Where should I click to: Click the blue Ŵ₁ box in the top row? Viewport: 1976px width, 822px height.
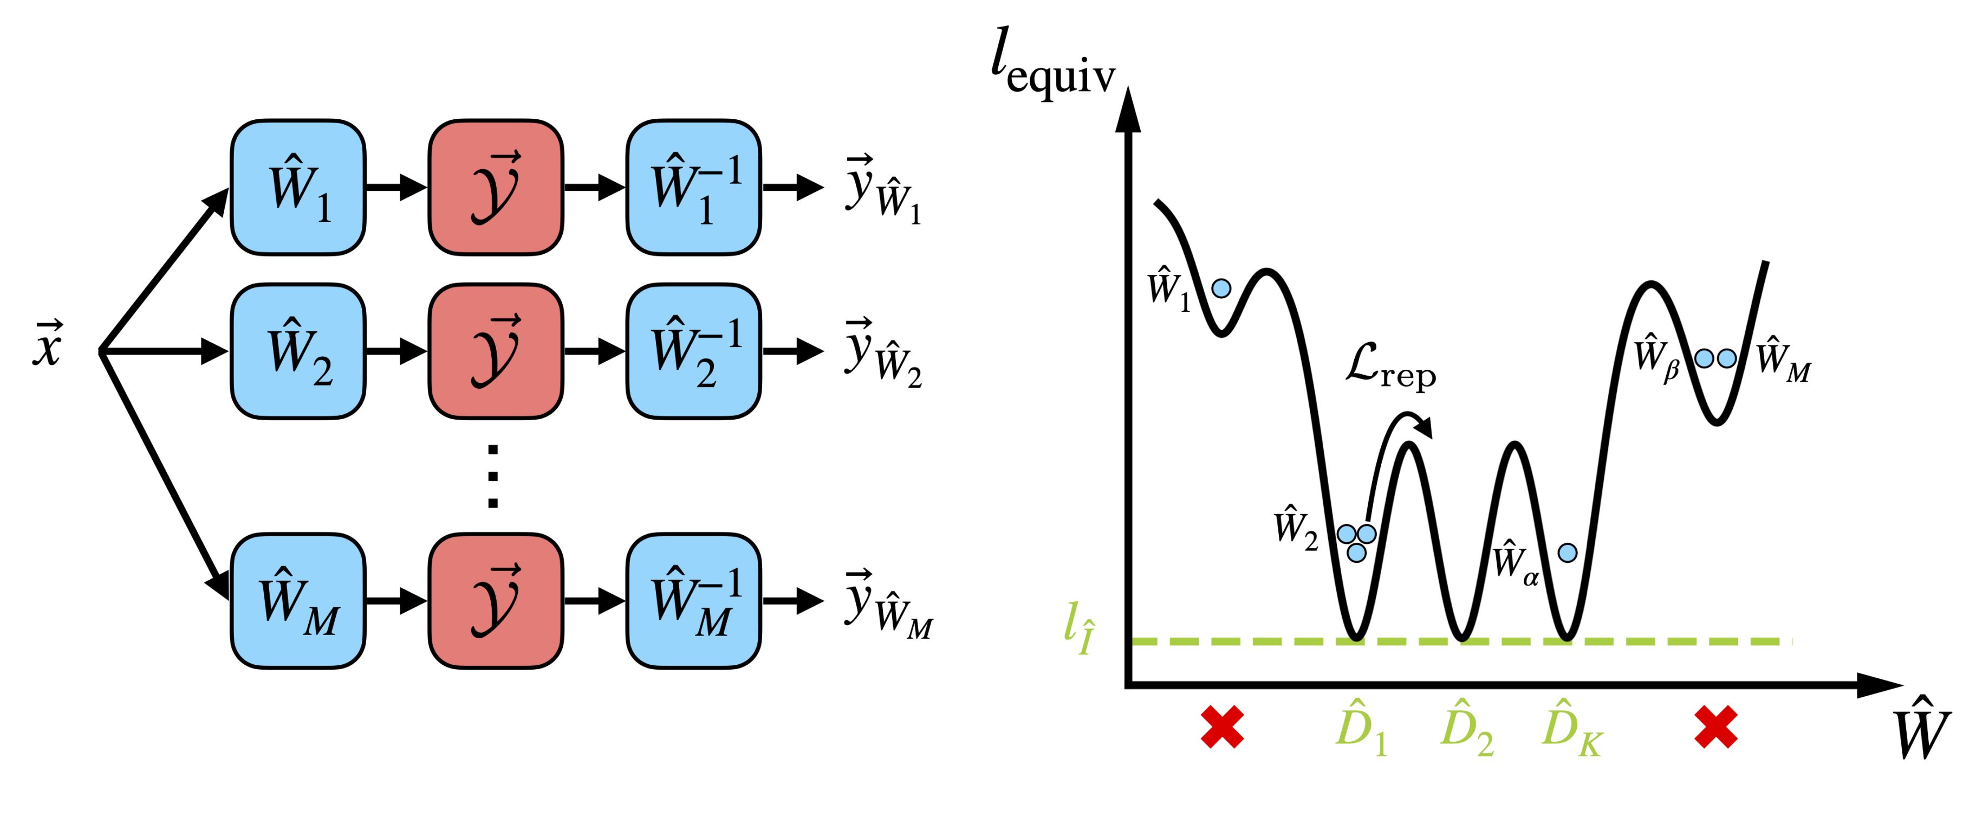297,187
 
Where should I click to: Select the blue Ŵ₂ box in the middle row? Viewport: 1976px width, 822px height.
297,351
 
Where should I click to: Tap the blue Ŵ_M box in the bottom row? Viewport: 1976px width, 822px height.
297,600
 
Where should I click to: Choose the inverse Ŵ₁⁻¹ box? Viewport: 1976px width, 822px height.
693,187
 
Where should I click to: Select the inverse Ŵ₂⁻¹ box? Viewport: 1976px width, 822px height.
693,351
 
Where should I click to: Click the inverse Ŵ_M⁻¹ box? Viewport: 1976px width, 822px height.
693,600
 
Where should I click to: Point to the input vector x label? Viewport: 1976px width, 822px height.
48,345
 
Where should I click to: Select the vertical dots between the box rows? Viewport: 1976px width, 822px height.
493,476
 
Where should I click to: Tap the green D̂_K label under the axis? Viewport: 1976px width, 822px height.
1571,729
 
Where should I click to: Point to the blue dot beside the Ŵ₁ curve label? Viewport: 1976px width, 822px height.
1221,288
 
